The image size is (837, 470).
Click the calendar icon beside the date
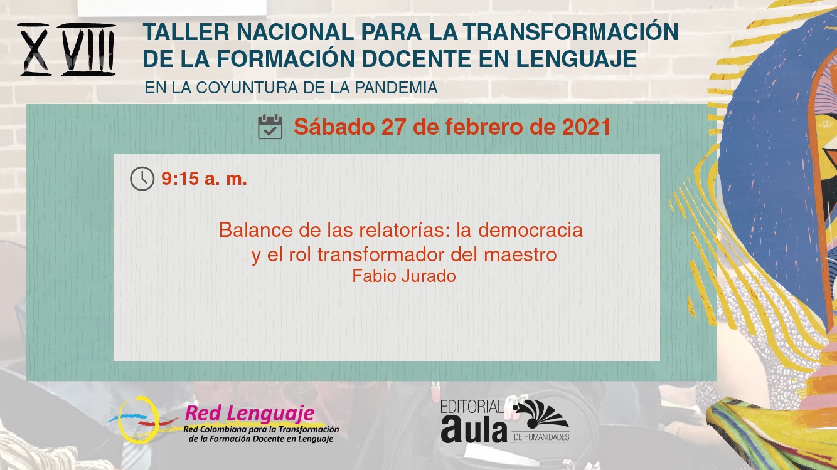[x=270, y=127]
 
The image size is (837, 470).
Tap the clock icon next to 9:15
[x=142, y=179]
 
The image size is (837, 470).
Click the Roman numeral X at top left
[x=35, y=50]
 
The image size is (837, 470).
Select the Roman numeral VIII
[x=88, y=50]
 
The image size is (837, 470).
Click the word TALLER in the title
[x=186, y=31]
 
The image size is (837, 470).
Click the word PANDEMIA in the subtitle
[x=396, y=88]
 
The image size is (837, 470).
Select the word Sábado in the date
[x=334, y=127]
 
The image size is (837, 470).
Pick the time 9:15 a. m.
[x=204, y=179]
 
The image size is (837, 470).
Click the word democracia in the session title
[x=530, y=230]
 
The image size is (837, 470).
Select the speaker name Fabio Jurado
[x=404, y=276]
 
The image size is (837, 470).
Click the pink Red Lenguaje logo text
[x=250, y=413]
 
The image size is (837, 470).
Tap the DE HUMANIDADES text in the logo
[x=541, y=437]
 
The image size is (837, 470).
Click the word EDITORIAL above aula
[x=472, y=407]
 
